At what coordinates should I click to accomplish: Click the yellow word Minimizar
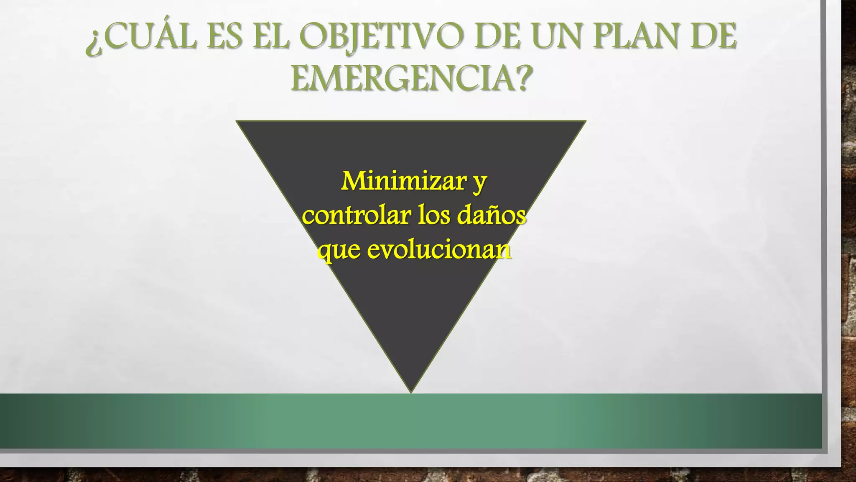coord(403,181)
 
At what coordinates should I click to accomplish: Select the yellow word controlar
coord(357,216)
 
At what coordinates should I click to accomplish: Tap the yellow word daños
coord(491,215)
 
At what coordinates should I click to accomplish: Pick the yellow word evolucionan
coord(439,250)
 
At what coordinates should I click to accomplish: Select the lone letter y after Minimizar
coord(480,184)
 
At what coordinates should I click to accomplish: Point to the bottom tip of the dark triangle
coord(411,392)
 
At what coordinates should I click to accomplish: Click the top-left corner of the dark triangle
coord(237,122)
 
